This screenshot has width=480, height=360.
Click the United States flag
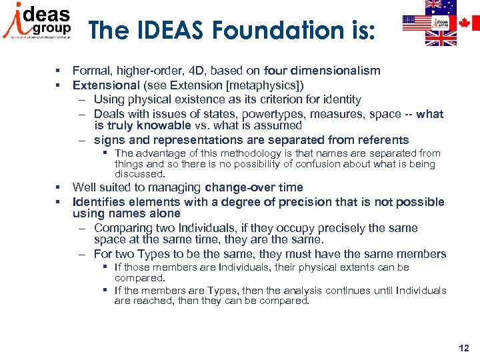[418, 23]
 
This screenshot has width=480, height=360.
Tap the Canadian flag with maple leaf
[468, 23]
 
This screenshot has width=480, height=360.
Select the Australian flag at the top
[441, 7]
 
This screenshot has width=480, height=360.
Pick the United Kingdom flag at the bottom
[441, 39]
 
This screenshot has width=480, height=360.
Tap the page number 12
[464, 348]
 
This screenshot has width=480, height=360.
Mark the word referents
[378, 140]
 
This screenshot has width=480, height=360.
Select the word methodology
[233, 153]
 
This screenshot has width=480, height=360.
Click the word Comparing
[123, 228]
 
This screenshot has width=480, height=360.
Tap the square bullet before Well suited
[59, 187]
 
